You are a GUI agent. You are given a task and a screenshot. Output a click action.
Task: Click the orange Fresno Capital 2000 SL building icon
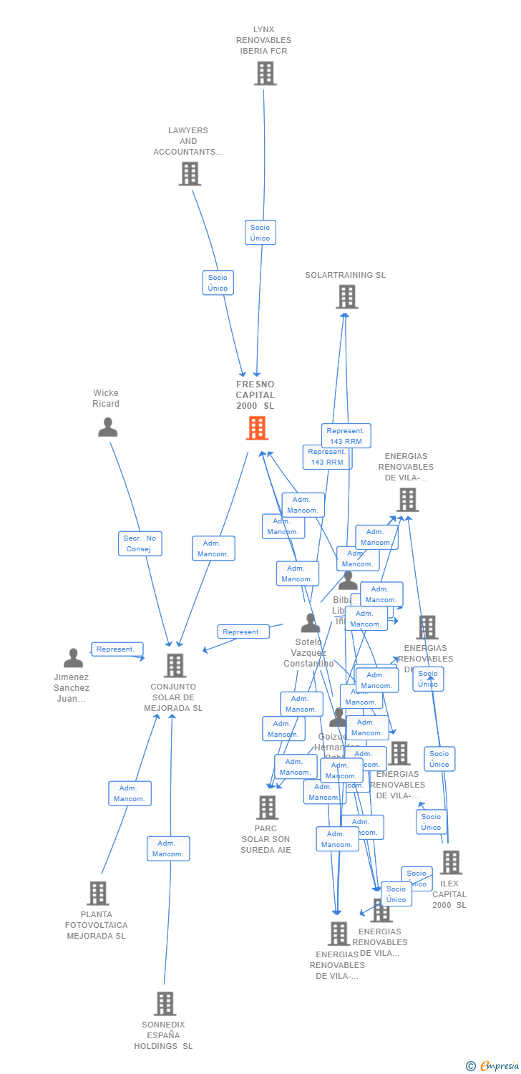click(257, 428)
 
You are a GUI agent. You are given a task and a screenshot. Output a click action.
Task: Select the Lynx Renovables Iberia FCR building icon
click(265, 73)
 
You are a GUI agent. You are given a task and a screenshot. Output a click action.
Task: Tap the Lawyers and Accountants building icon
click(190, 173)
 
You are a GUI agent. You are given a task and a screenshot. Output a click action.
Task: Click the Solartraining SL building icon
click(347, 296)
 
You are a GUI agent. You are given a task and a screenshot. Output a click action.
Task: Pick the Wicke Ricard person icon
click(107, 427)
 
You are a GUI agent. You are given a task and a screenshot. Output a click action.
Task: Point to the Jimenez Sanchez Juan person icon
click(73, 657)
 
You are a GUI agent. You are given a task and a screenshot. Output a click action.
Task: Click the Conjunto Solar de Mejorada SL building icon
click(175, 665)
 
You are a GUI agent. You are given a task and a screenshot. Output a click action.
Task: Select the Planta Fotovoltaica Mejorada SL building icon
click(98, 893)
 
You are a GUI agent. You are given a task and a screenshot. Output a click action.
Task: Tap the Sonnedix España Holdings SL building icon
click(165, 1003)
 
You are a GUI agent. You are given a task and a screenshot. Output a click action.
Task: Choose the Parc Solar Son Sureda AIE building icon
click(267, 807)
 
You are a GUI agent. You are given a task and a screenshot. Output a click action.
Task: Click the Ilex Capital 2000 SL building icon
click(451, 862)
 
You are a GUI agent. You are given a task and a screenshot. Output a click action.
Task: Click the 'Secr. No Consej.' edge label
click(140, 543)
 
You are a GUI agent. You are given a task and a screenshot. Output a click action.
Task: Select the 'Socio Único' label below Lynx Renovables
click(260, 233)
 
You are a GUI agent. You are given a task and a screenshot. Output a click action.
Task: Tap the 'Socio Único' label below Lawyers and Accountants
click(218, 283)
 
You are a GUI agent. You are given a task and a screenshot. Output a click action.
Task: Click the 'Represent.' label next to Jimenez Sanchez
click(116, 649)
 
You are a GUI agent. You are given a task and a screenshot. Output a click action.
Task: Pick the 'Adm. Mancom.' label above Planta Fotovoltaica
click(130, 793)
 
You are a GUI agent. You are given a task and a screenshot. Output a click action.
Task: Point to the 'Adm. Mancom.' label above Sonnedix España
click(168, 848)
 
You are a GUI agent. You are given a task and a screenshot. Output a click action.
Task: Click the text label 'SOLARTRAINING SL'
click(345, 275)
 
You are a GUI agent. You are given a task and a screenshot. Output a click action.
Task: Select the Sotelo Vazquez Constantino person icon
click(310, 623)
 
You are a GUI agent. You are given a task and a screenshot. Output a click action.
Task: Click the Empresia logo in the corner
click(493, 1066)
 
